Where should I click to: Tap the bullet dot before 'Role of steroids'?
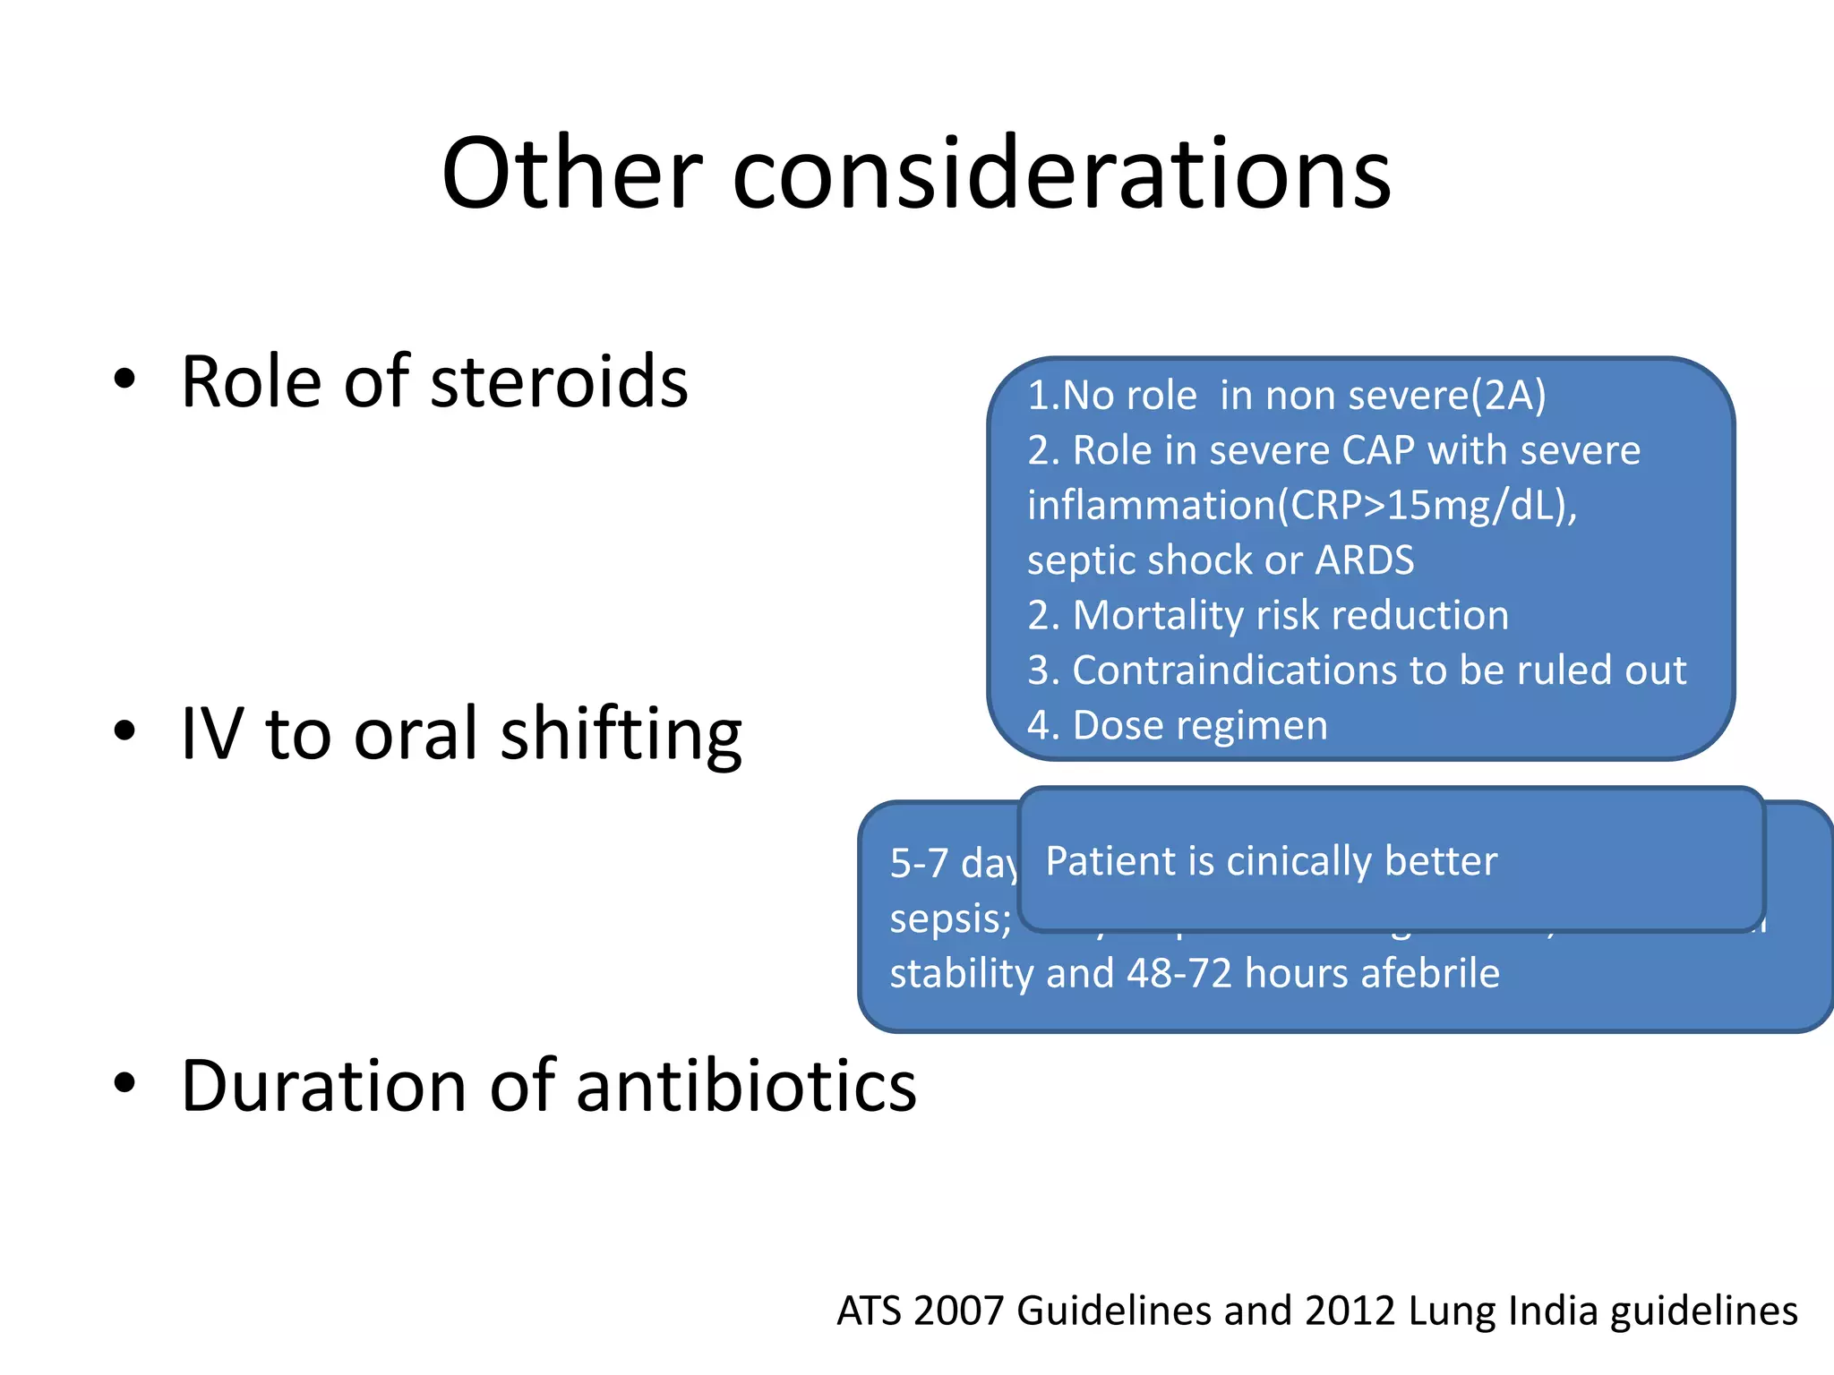point(124,379)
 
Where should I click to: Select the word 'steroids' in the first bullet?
point(559,382)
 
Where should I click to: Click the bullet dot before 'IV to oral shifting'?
point(124,730)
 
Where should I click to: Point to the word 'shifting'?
point(621,736)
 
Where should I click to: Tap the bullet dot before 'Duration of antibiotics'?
point(124,1083)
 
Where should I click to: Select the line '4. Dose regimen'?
point(1177,725)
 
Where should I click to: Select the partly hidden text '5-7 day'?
point(953,864)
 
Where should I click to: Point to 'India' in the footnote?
point(1553,1311)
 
